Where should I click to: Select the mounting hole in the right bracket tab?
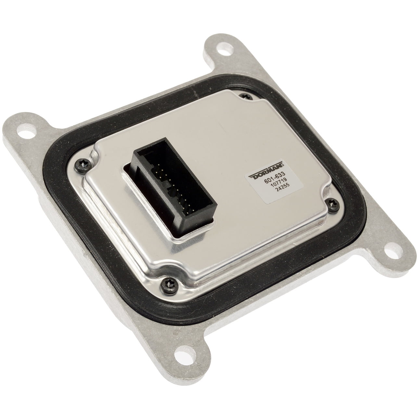click(x=390, y=253)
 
